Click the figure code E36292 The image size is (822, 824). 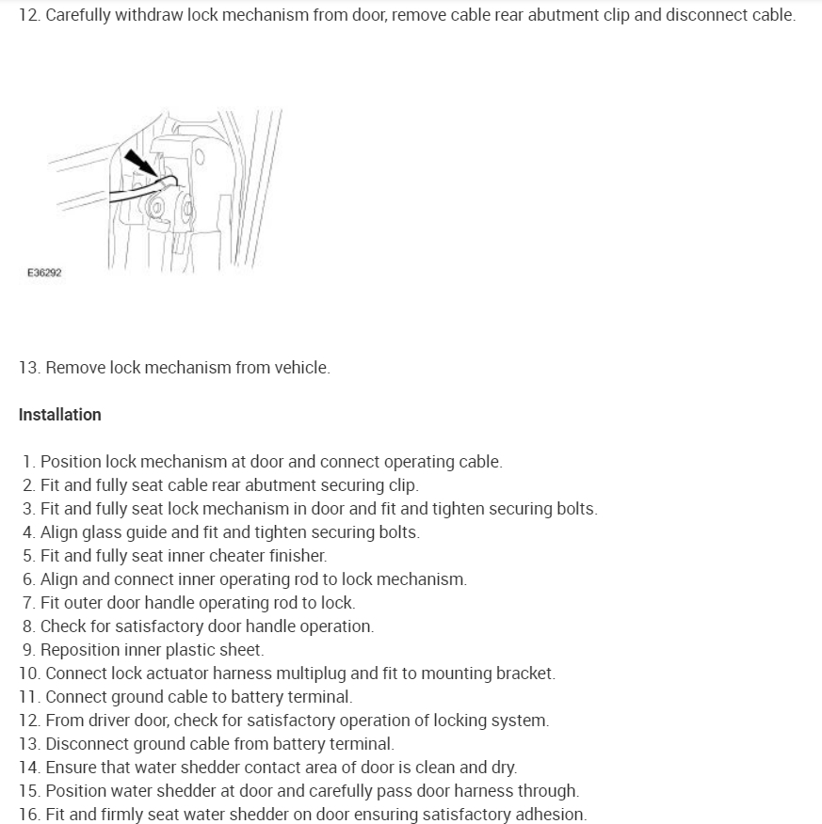[x=45, y=273]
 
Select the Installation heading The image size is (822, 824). [x=59, y=415]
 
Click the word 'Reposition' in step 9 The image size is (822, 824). [x=86, y=650]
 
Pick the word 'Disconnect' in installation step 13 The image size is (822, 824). [x=89, y=744]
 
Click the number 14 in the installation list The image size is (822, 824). [x=28, y=768]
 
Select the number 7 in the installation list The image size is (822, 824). [x=29, y=603]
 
